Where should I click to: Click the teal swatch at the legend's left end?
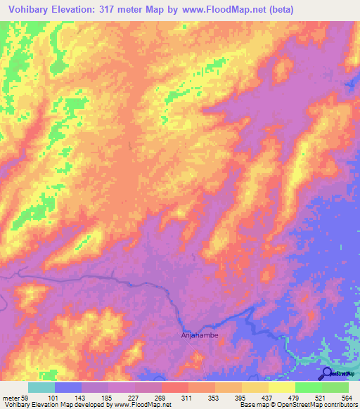(x=41, y=387)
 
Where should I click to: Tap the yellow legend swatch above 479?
(x=281, y=387)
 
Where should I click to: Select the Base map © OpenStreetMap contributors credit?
(x=297, y=404)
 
